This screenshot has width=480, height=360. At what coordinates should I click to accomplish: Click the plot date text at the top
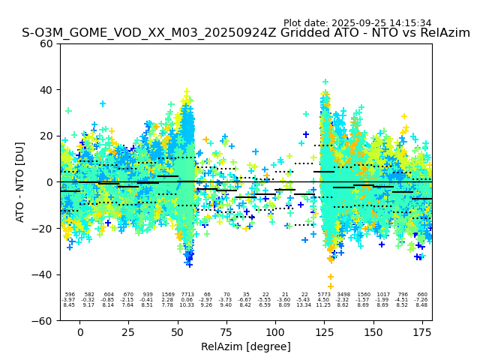(x=357, y=23)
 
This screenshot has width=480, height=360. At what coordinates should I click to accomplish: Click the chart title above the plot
(x=246, y=34)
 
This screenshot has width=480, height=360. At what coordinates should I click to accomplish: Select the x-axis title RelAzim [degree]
(x=246, y=346)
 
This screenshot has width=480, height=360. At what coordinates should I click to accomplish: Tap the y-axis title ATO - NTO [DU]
(x=20, y=181)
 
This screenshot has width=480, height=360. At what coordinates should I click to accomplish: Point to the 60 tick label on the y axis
(x=46, y=43)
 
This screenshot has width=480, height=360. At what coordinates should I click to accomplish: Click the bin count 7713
(x=187, y=295)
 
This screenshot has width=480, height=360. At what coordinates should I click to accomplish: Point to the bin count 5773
(x=324, y=295)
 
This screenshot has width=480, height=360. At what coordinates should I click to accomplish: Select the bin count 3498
(x=343, y=295)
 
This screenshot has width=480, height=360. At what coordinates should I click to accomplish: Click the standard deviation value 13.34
(x=304, y=305)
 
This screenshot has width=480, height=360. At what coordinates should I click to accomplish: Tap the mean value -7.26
(x=421, y=300)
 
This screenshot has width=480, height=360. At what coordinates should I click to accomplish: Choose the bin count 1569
(x=168, y=295)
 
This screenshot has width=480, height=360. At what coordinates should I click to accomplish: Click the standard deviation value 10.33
(x=187, y=305)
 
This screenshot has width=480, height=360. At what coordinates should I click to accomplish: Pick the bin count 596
(x=70, y=295)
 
